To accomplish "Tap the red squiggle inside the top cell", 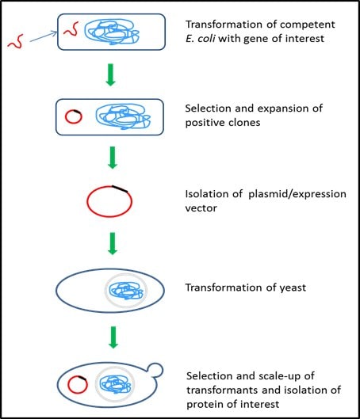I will point(71,31).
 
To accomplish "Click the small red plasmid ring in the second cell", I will point(72,117).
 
